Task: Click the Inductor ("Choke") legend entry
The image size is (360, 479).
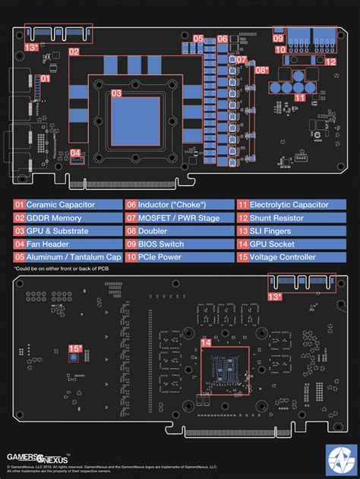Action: click(x=178, y=204)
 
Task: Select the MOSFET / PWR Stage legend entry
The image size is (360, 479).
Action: click(x=178, y=218)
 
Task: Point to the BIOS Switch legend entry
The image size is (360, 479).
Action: click(x=178, y=244)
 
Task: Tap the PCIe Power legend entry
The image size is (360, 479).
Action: click(x=178, y=257)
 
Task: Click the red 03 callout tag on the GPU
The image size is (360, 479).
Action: click(x=116, y=94)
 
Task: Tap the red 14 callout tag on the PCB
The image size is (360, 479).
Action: click(x=205, y=342)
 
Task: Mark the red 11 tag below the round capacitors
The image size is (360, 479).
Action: click(x=300, y=97)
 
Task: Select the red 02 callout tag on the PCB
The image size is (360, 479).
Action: click(x=74, y=52)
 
